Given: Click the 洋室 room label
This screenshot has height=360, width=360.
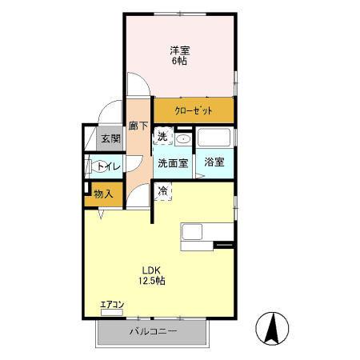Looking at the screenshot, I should [178, 50].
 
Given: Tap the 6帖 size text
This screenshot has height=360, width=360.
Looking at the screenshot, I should [178, 61].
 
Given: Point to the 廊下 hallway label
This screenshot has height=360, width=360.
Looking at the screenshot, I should [138, 126].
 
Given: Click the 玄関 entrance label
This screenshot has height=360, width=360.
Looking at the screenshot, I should [109, 139].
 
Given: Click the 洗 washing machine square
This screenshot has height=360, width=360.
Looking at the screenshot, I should [162, 138].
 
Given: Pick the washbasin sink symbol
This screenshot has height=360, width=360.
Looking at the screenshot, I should [182, 138].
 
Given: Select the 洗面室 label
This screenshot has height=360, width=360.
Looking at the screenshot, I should [172, 163].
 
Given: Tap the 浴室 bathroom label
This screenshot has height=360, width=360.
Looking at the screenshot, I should [214, 162].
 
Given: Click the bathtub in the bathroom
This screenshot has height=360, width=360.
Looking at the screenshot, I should [214, 138].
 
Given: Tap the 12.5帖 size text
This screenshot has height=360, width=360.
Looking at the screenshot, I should [151, 281].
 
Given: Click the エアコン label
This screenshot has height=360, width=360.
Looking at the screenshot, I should [113, 304].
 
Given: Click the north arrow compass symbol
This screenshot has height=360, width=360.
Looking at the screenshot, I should [272, 328].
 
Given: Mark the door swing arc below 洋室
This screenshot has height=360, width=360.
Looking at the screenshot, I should [137, 84].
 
